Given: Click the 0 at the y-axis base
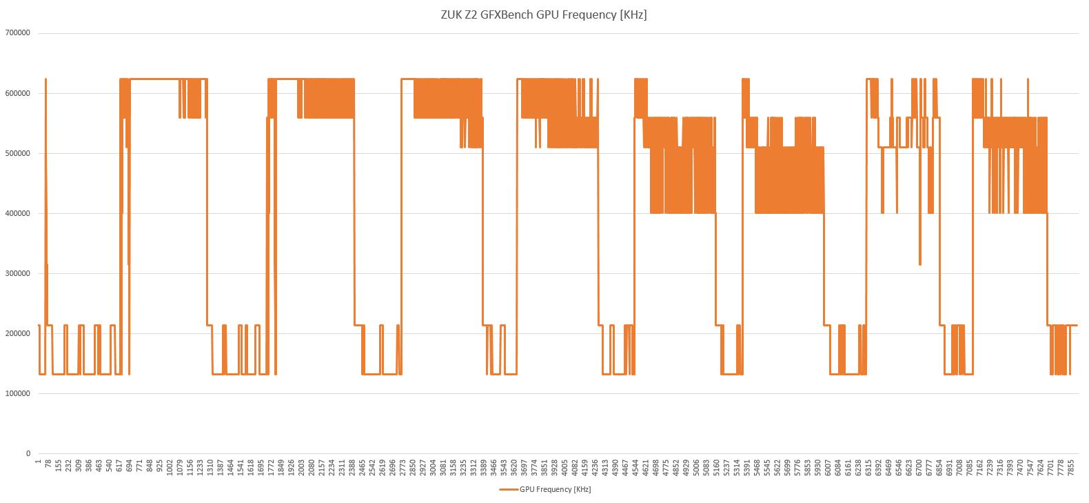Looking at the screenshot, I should [28, 453].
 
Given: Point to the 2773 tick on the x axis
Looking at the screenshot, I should [403, 468].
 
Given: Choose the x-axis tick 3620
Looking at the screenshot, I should [514, 468].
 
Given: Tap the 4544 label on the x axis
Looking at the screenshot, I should [635, 468].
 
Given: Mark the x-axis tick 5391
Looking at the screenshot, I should [746, 468].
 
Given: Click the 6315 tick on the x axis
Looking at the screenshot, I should [868, 468].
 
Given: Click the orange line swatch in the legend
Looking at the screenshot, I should [509, 490].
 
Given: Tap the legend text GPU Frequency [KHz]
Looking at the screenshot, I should [555, 490].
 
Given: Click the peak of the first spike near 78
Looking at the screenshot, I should [45, 79].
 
